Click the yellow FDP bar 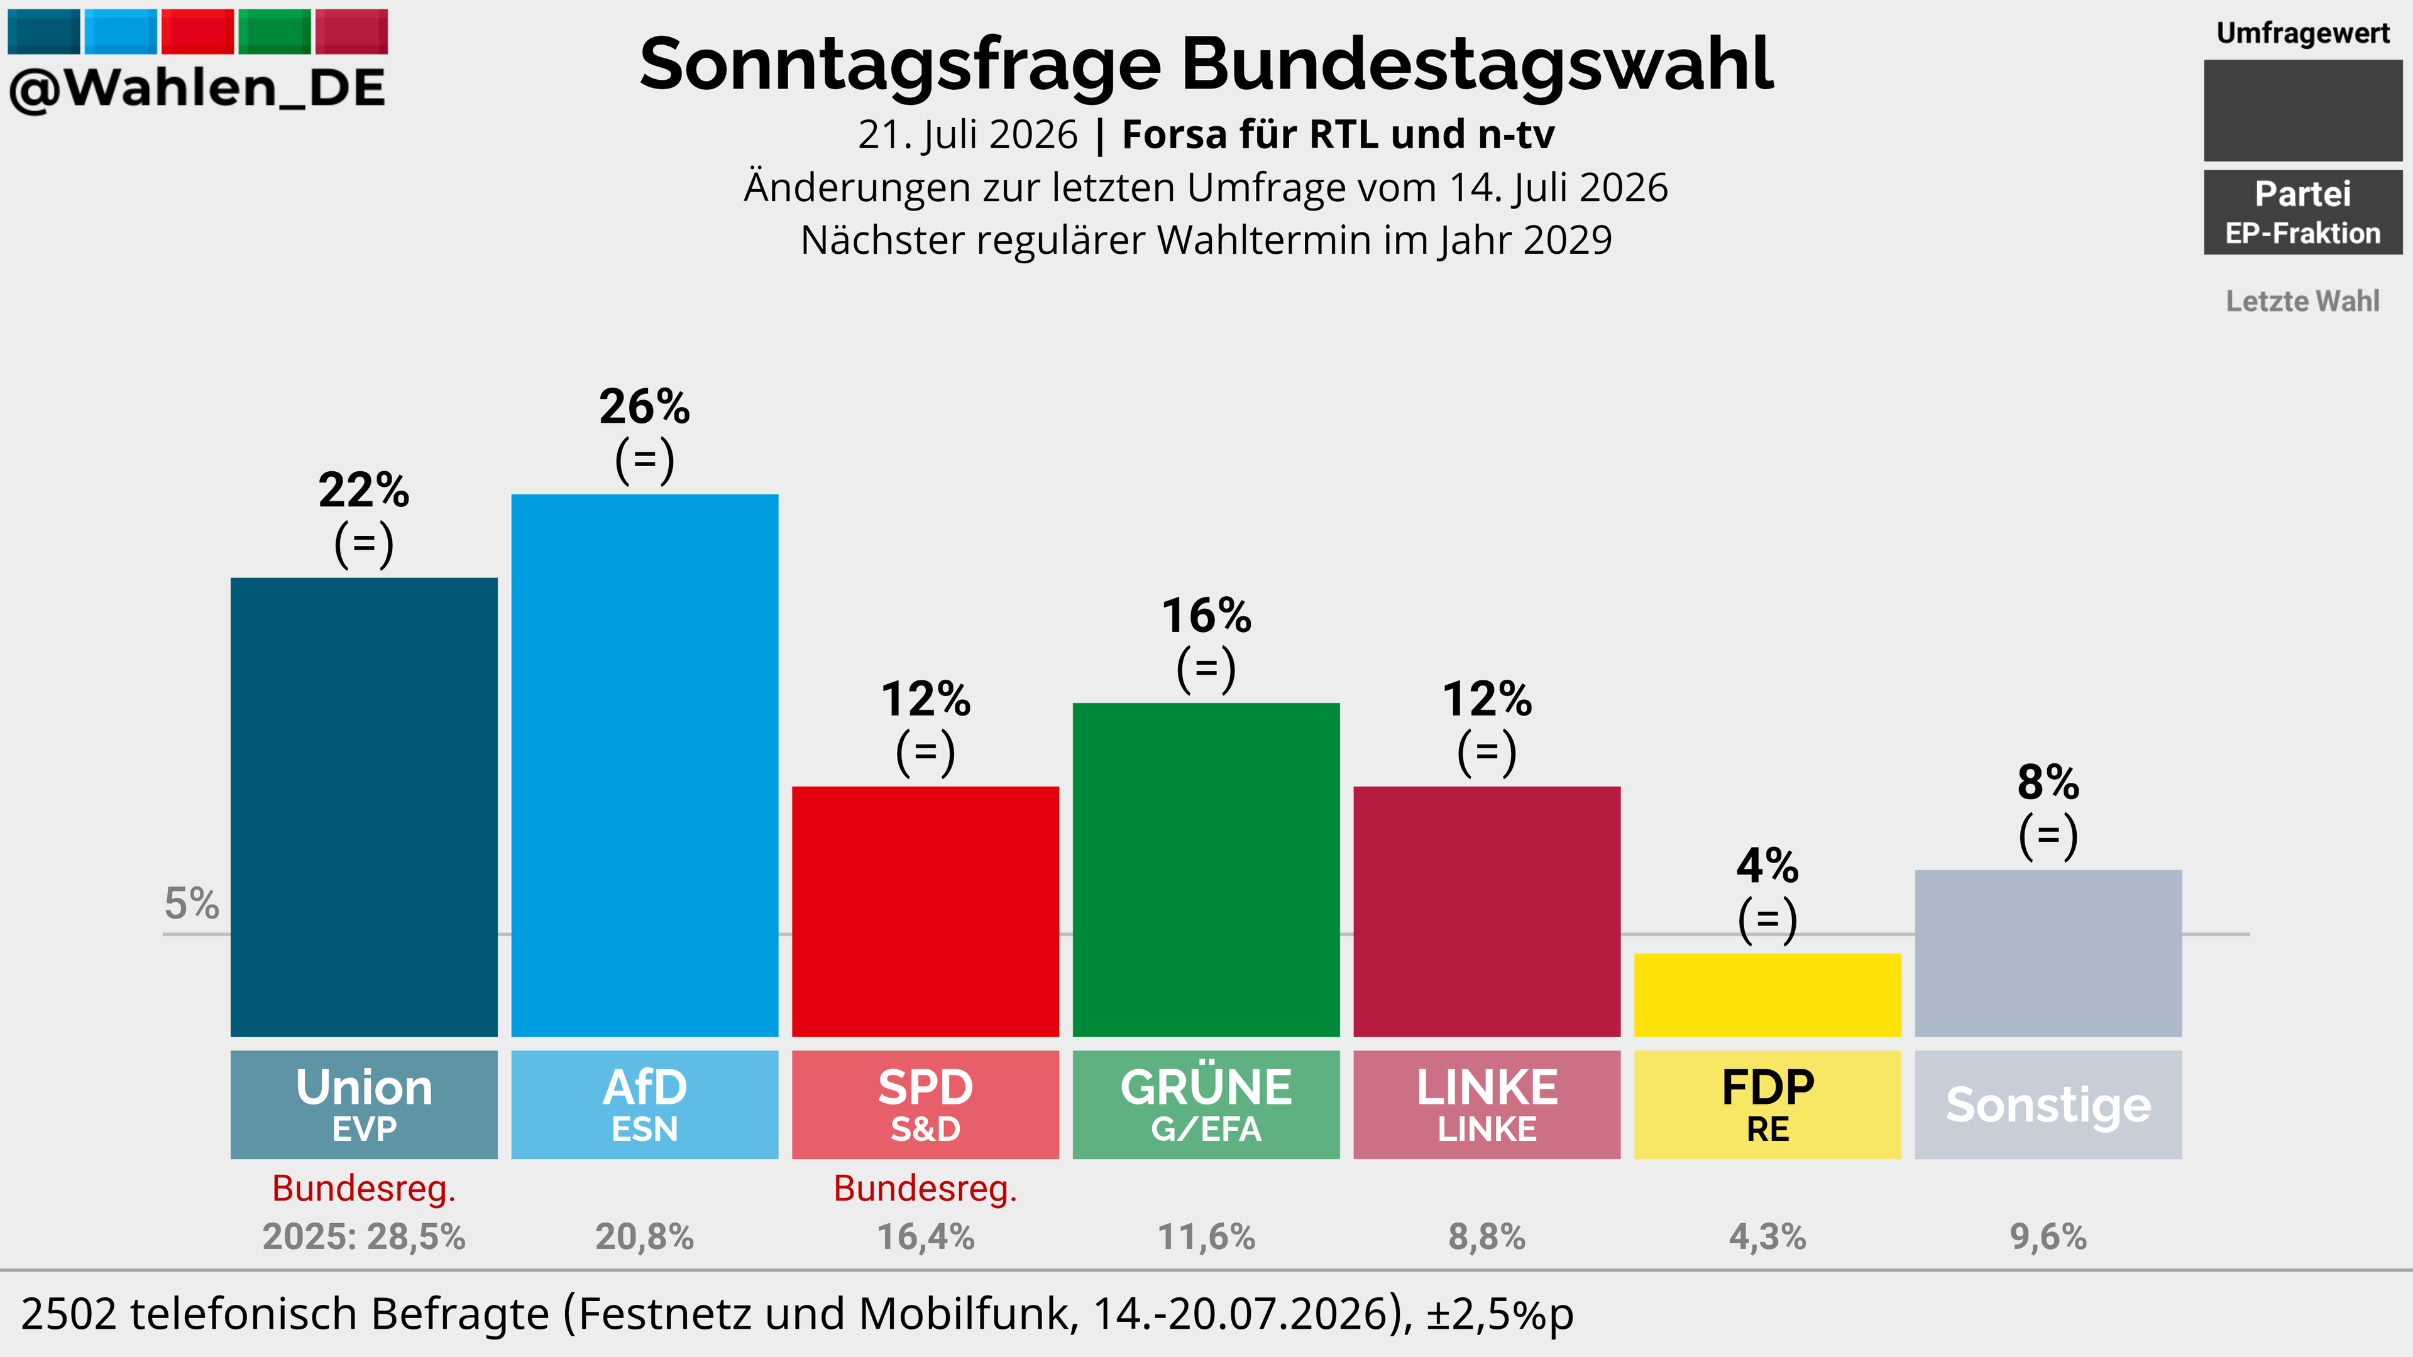1767,995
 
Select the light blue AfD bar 644,765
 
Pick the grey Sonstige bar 2048,954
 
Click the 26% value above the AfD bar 644,407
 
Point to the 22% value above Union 363,491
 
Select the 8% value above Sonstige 2048,783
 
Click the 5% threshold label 192,904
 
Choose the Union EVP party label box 363,1105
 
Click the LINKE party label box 1487,1105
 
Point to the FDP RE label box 1767,1105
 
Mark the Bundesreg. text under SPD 925,1189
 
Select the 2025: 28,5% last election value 363,1237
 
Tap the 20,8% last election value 644,1237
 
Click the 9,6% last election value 2048,1237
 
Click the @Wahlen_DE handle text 197,89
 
